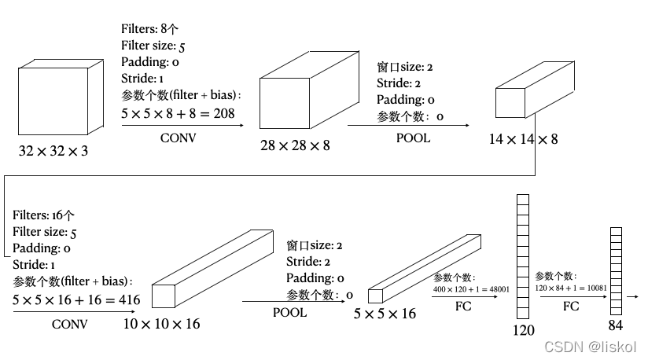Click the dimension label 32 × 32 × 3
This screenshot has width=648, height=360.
click(53, 150)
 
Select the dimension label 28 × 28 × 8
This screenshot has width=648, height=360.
click(295, 145)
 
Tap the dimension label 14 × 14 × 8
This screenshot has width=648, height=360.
click(523, 139)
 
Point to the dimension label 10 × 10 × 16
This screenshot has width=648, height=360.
click(162, 323)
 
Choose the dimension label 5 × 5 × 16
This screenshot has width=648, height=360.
click(385, 314)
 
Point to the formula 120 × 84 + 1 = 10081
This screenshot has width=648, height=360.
click(570, 288)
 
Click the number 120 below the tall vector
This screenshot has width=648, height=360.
click(523, 330)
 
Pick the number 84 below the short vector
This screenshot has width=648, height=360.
click(616, 325)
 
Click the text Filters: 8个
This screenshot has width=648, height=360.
click(150, 28)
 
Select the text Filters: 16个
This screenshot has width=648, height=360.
click(44, 215)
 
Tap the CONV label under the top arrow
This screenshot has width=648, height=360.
click(178, 138)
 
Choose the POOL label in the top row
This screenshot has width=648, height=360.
click(413, 138)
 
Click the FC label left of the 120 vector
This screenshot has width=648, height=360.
click(463, 306)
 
